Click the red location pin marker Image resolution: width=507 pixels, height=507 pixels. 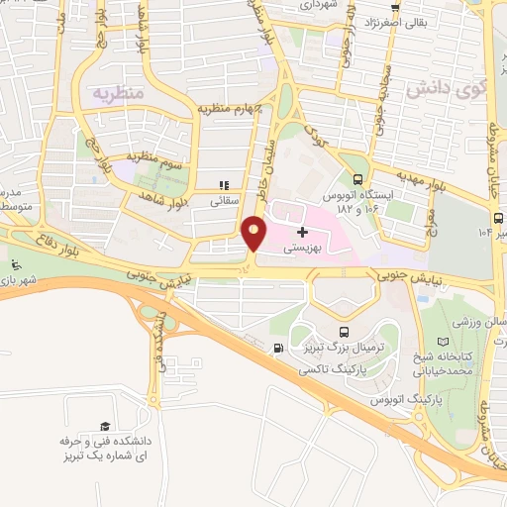tap(253, 234)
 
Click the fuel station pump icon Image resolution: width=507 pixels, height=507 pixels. tap(276, 348)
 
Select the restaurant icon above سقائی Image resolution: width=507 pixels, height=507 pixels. tap(223, 184)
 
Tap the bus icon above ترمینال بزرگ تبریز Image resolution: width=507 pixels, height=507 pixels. tap(344, 332)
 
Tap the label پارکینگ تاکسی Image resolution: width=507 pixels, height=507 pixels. tap(332, 365)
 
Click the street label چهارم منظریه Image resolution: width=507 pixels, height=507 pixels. tap(226, 107)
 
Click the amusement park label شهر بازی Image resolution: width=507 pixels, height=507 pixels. tap(17, 280)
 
